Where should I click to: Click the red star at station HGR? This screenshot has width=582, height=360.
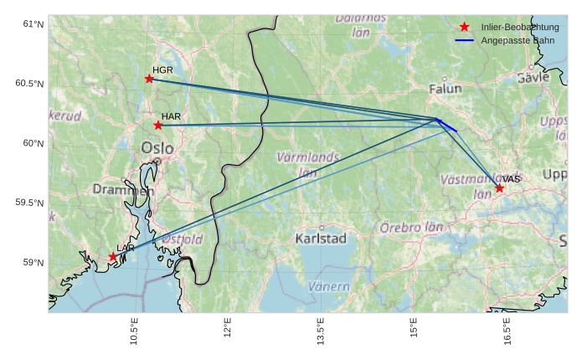point(149,79)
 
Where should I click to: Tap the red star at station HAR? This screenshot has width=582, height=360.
point(158,126)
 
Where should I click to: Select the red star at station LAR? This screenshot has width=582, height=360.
point(113,257)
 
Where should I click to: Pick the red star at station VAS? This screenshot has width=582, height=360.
point(499,188)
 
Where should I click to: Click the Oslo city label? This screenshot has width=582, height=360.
point(157,148)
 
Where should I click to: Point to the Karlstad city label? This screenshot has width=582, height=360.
point(321,239)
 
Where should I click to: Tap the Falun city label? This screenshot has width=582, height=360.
point(445,88)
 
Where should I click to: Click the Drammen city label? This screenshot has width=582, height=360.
point(123,190)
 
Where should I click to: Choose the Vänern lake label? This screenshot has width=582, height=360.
point(329,286)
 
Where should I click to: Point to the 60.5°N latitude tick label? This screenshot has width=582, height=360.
point(29,84)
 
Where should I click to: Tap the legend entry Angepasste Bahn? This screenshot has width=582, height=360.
point(512,40)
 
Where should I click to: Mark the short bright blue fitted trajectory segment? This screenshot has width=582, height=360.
point(446,126)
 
